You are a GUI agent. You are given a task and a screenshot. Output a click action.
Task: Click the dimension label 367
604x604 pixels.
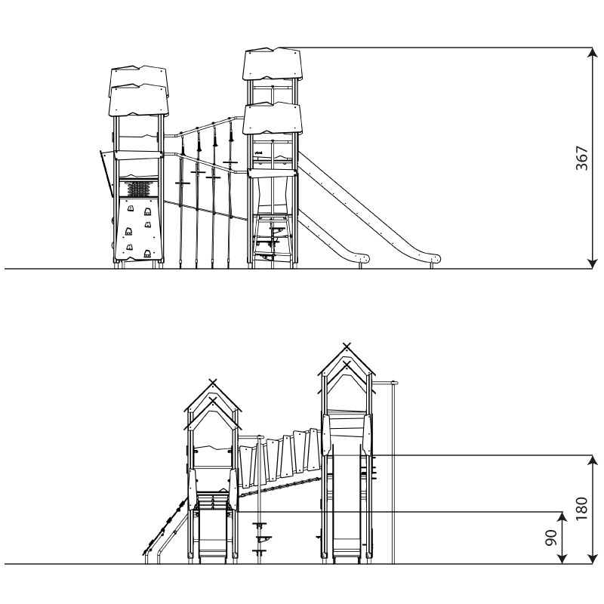(581, 158)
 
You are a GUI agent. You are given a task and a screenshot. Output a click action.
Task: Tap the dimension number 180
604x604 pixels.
(581, 509)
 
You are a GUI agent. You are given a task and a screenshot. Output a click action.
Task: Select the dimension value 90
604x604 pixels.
(551, 538)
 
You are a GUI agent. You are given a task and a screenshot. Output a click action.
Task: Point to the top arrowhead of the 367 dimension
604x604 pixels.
(593, 53)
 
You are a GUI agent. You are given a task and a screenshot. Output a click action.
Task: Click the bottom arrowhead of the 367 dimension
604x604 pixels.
(593, 263)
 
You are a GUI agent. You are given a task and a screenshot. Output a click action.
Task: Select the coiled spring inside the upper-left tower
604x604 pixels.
(139, 189)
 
